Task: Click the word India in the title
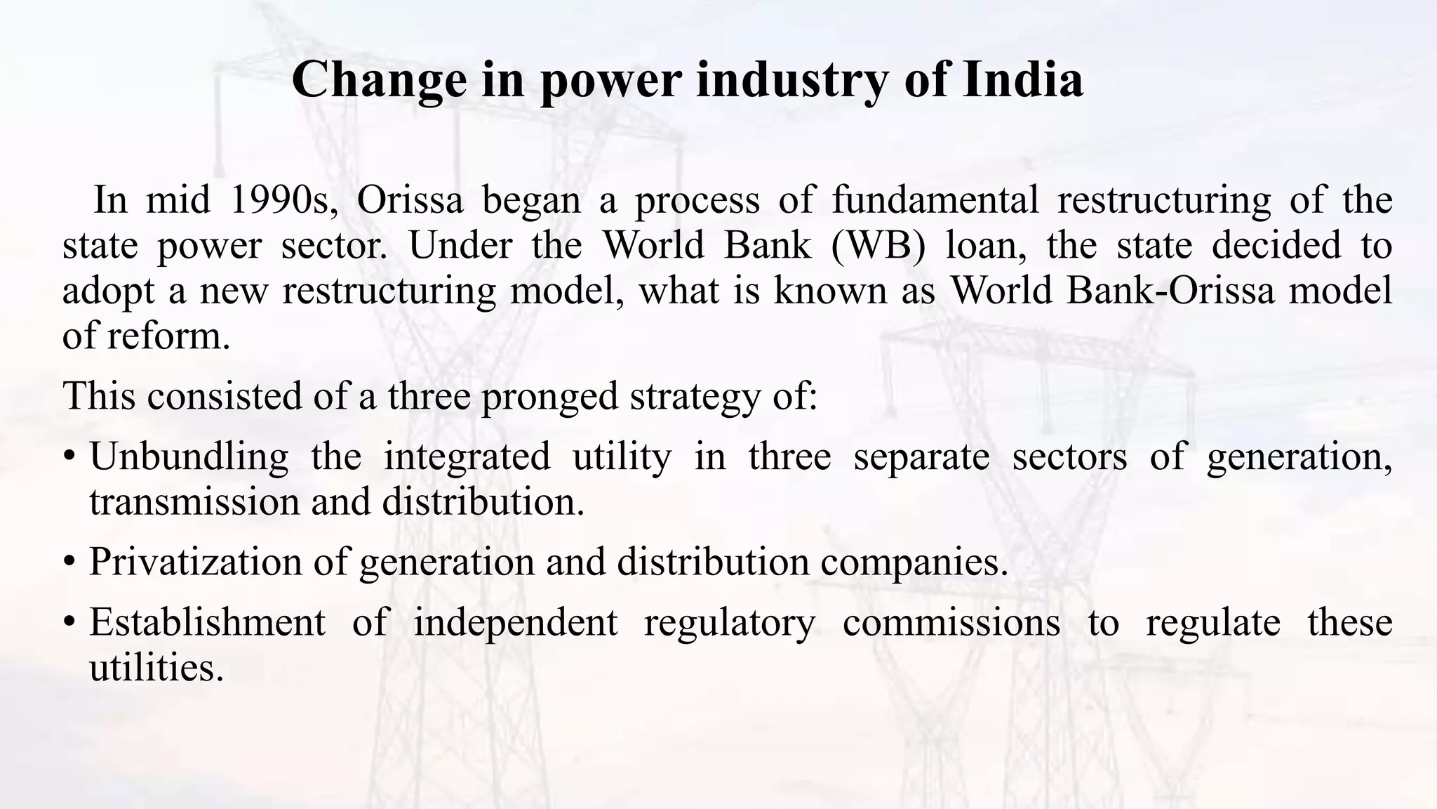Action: click(x=1022, y=79)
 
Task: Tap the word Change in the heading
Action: click(x=379, y=79)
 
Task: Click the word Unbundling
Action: click(x=189, y=456)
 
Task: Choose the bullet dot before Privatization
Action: click(x=69, y=563)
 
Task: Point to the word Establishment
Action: click(x=207, y=622)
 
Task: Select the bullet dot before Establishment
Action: click(x=69, y=623)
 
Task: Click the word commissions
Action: click(x=951, y=622)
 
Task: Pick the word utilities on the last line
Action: click(x=156, y=667)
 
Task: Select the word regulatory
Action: click(x=730, y=622)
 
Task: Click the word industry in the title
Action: click(x=791, y=79)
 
